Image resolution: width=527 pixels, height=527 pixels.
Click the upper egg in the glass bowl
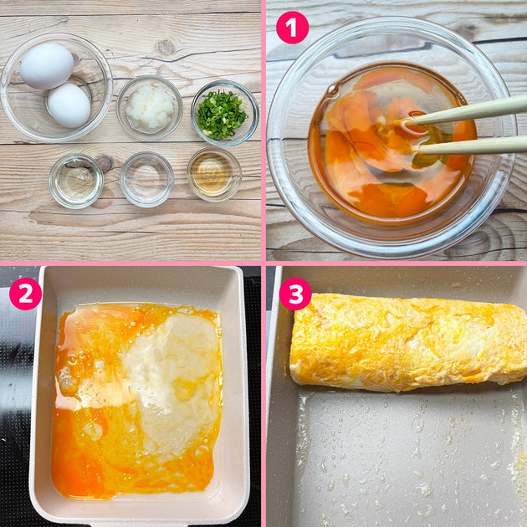click(47, 66)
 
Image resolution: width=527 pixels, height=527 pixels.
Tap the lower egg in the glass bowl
click(69, 105)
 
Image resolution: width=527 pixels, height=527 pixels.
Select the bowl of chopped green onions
click(224, 113)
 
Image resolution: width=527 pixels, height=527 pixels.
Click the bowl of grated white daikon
click(149, 108)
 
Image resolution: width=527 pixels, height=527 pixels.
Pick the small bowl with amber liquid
click(214, 174)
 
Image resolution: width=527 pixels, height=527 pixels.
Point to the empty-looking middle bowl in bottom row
click(147, 179)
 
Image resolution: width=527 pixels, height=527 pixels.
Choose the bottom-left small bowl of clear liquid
click(76, 182)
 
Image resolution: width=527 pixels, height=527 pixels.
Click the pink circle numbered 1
click(292, 28)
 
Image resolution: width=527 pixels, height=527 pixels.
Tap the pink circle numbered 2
click(26, 294)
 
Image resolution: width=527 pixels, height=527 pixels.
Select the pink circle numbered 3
click(295, 294)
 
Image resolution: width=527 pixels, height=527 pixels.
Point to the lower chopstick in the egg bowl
click(470, 146)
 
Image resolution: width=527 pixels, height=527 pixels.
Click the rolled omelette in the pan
click(408, 343)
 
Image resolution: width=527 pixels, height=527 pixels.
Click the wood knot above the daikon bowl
click(165, 48)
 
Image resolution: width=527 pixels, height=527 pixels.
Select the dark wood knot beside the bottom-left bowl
click(105, 164)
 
